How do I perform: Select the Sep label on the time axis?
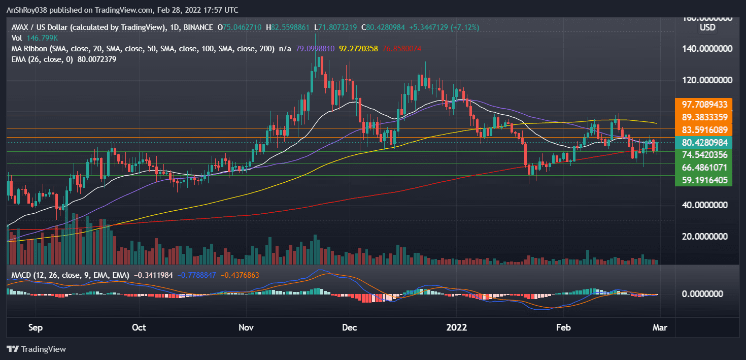pyautogui.click(x=35, y=328)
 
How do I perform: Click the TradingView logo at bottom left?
pyautogui.click(x=37, y=349)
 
